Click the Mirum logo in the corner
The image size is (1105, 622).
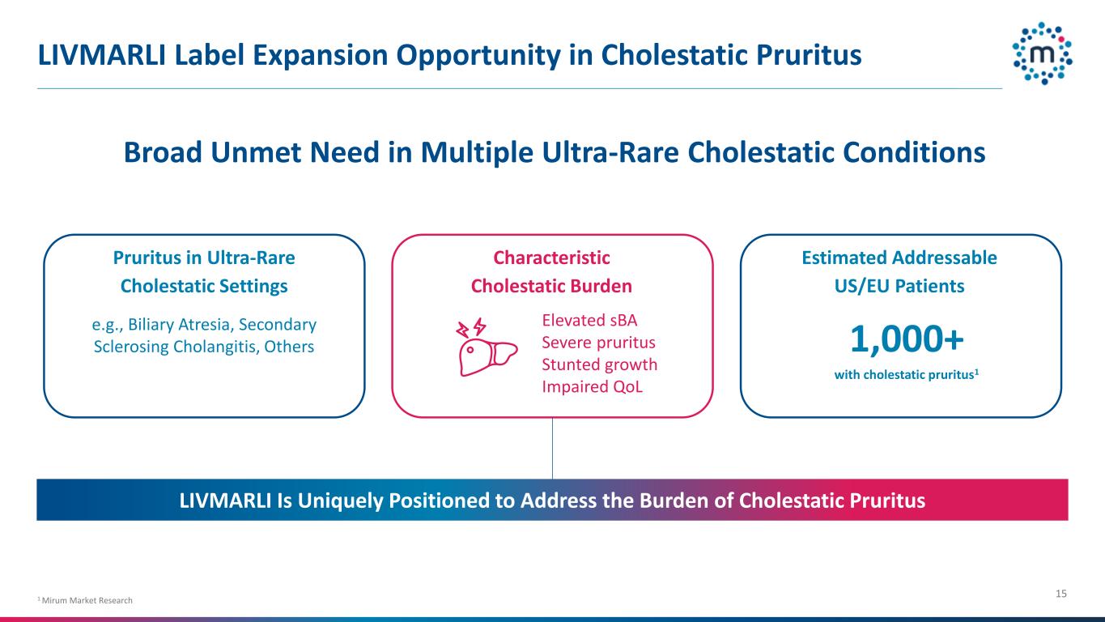point(1043,53)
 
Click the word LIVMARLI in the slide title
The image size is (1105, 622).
point(102,55)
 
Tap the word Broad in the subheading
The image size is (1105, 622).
point(163,152)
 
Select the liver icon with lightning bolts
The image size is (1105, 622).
point(487,347)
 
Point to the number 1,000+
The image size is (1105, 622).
point(907,339)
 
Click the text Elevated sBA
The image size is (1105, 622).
point(589,321)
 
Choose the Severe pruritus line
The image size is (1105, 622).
point(598,343)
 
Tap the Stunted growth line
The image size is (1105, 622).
point(599,364)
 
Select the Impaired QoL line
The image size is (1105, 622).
point(593,386)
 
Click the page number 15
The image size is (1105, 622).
point(1061,594)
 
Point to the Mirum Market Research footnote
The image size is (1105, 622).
point(85,600)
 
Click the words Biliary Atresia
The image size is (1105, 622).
point(179,325)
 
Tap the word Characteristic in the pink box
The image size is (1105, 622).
point(551,258)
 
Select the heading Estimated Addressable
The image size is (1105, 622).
point(899,258)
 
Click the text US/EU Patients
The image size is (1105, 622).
point(899,287)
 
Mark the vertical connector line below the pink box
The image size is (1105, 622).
point(552,448)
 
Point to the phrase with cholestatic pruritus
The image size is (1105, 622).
point(905,375)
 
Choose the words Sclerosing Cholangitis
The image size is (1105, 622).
point(176,347)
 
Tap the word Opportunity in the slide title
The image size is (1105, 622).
point(478,55)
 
